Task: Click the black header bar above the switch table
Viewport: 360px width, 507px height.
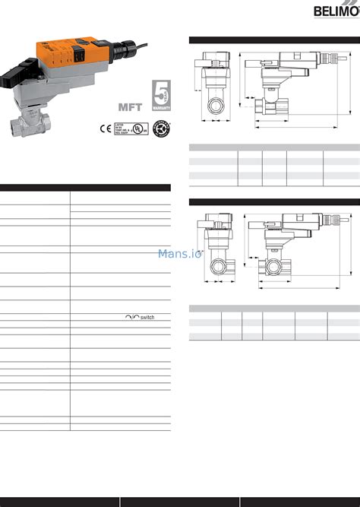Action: point(85,187)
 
